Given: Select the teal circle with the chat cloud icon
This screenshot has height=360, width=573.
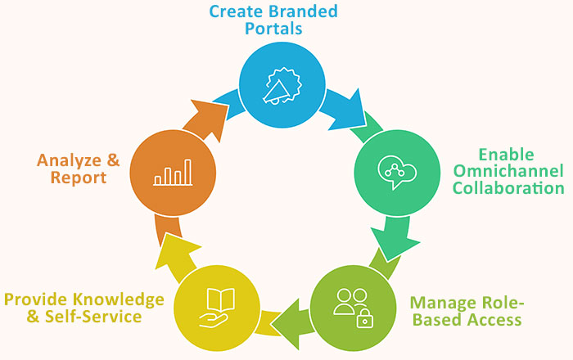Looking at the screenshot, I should pyautogui.click(x=396, y=172).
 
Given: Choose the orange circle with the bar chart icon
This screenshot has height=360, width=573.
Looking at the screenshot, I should pyautogui.click(x=173, y=172).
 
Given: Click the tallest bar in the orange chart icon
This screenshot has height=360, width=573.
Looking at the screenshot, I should pyautogui.click(x=188, y=171).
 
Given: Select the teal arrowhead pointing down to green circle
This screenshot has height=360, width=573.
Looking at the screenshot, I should pyautogui.click(x=396, y=239).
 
